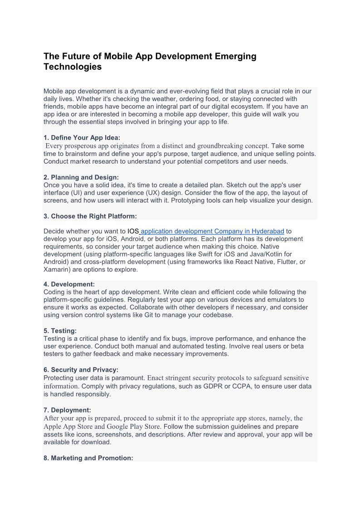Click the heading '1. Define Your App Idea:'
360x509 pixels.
click(82, 138)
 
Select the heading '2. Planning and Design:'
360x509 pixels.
click(81, 177)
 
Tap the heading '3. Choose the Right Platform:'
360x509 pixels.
click(90, 216)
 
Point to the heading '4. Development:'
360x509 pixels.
click(69, 284)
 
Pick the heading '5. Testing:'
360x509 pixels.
click(60, 331)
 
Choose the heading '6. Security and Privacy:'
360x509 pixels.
click(81, 370)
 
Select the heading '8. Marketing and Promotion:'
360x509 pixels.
click(88, 458)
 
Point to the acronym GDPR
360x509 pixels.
click(213, 386)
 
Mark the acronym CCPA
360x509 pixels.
click(245, 386)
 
